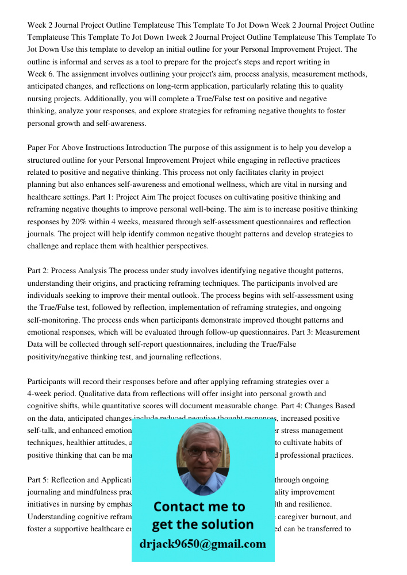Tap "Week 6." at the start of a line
[x=41, y=74]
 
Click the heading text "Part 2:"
[x=39, y=271]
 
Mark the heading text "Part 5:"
[x=39, y=480]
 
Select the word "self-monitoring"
[x=54, y=320]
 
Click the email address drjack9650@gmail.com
[x=203, y=544]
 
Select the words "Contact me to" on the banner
[x=199, y=507]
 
